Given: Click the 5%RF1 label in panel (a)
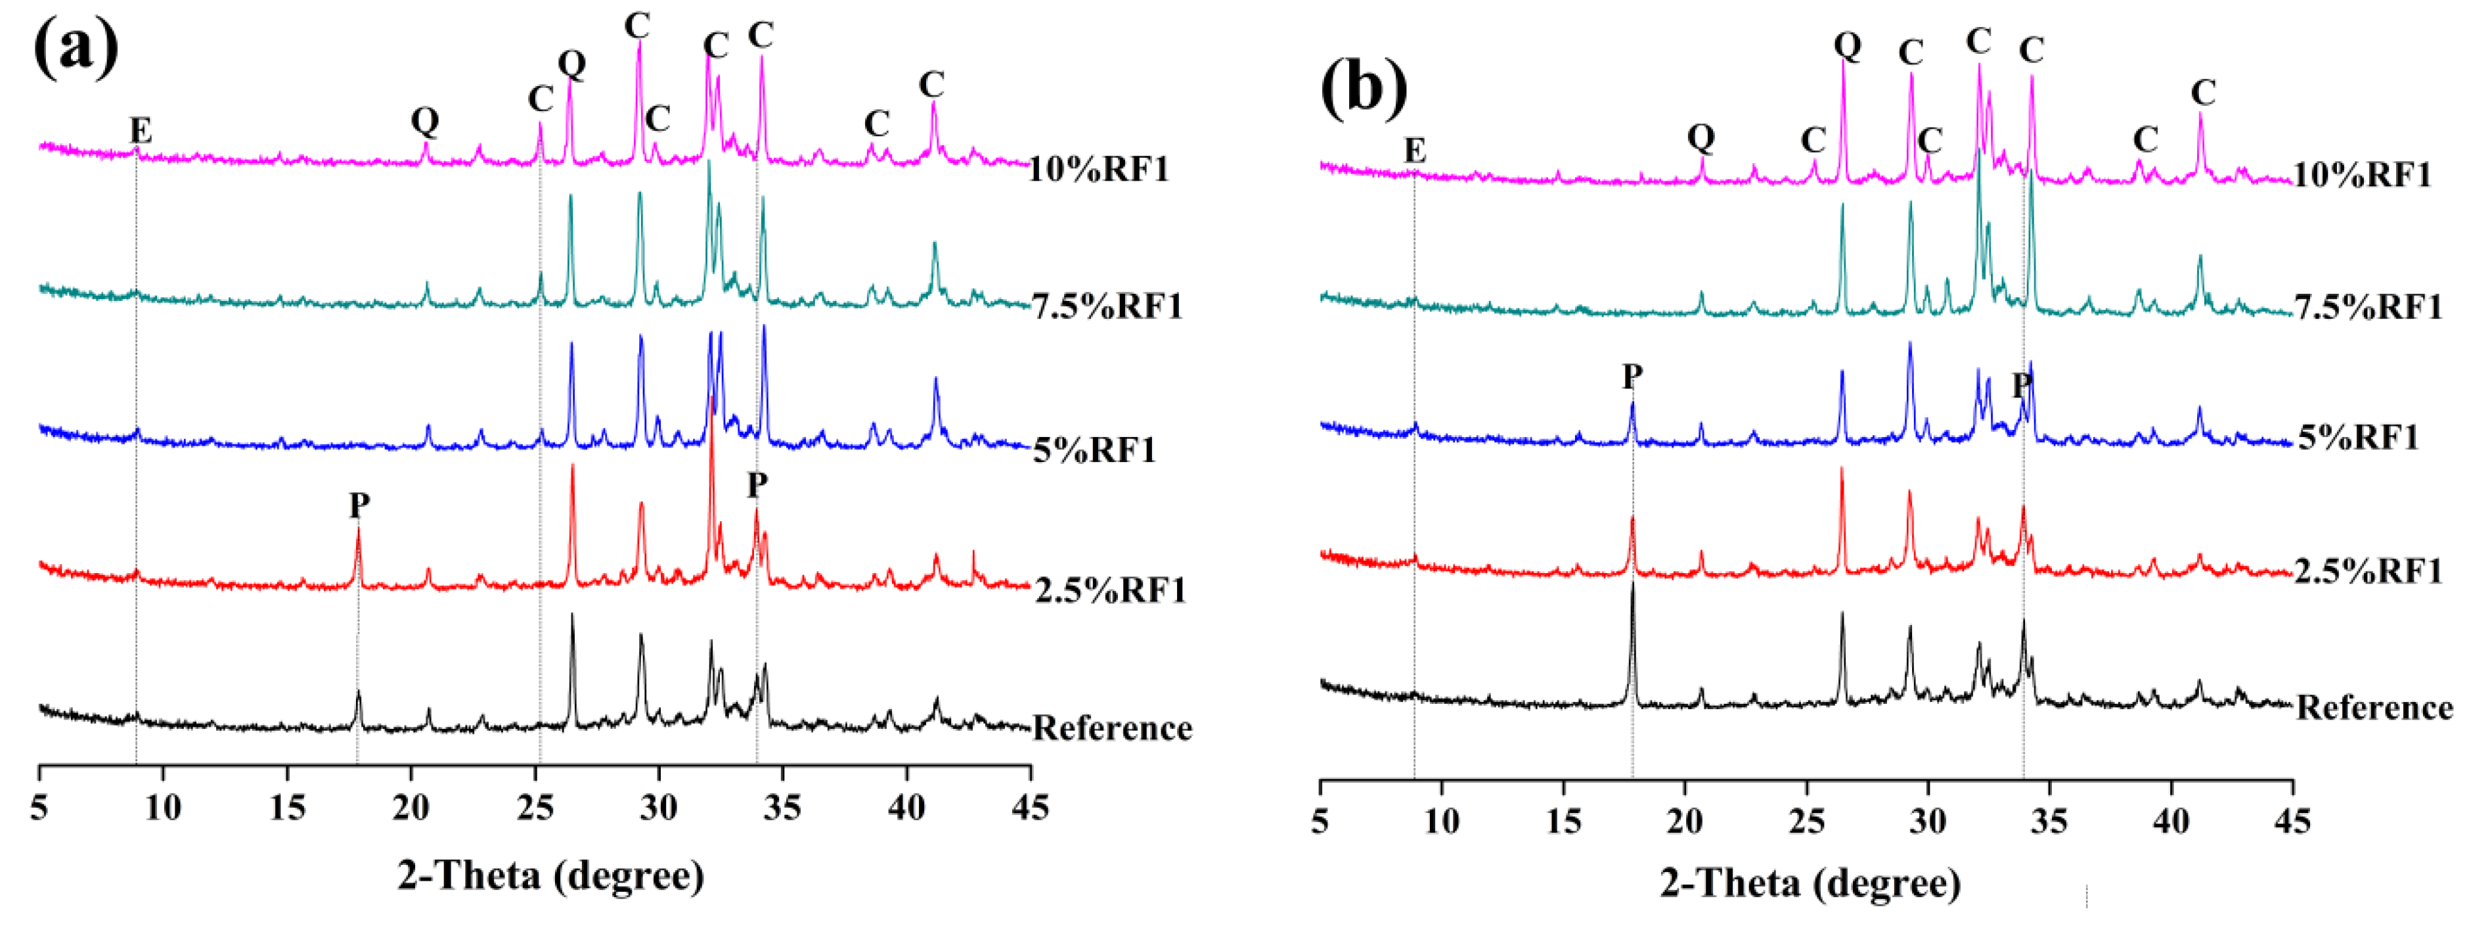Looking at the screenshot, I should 1094,449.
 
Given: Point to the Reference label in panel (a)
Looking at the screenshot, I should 1112,729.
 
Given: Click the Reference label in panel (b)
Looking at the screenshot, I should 2374,708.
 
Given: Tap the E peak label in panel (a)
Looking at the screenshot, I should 141,130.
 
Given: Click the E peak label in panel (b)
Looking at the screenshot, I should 1415,151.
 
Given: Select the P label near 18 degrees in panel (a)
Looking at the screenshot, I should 359,504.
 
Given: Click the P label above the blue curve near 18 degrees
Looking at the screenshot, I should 1632,377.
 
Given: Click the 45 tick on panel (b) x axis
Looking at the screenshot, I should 2292,821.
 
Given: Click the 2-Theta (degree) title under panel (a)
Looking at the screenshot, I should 551,875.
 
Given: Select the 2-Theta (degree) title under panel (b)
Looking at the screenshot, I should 1811,883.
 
